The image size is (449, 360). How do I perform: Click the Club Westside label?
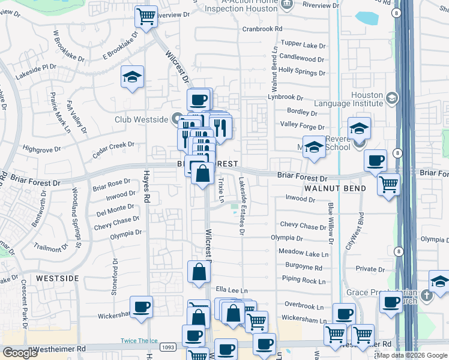point(142,119)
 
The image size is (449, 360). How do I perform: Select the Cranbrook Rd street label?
point(262,29)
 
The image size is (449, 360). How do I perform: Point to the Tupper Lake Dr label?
point(302,45)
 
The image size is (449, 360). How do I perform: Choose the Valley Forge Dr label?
point(302,126)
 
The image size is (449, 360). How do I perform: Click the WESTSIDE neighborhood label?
point(57,278)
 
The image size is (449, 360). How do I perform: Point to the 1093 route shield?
point(167,347)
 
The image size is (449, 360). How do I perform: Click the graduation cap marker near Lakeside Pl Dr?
point(132,77)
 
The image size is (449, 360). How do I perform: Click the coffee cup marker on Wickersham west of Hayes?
point(142,307)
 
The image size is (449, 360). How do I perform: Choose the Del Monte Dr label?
point(115,209)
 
